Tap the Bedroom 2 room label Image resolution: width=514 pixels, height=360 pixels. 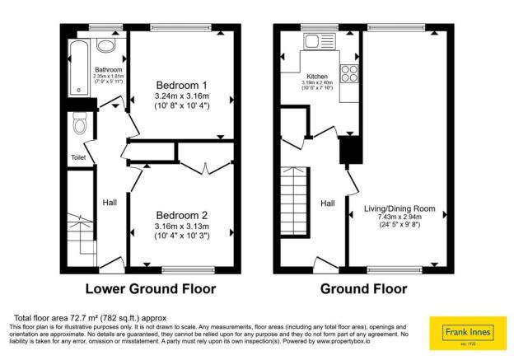pos(182,215)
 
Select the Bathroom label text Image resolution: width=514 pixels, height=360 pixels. pos(107,70)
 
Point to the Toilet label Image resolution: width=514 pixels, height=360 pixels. pos(78,157)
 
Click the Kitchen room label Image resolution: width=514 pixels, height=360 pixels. pos(316,76)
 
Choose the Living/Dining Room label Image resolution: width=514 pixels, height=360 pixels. pos(400,208)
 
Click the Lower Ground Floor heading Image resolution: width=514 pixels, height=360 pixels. pos(151,289)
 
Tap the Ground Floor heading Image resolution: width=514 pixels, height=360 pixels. pos(363,289)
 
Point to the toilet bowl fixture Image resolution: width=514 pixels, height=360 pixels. pos(80,125)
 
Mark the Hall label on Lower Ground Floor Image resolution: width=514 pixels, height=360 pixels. pos(110,202)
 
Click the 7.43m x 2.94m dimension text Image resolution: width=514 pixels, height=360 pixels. pos(400,217)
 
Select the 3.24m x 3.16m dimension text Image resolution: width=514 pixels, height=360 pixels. pos(182,96)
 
